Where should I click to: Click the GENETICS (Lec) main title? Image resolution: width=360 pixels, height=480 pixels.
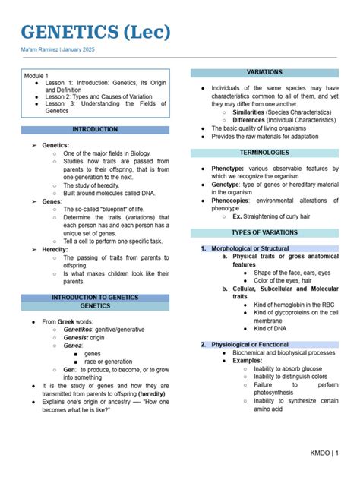tap(96, 33)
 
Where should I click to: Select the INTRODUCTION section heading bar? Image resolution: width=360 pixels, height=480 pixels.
tap(95, 130)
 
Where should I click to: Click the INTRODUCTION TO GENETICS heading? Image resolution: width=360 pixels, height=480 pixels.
tap(95, 297)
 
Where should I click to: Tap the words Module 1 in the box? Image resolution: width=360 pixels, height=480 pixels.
tap(36, 76)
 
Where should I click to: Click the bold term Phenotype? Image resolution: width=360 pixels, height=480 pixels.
tap(228, 169)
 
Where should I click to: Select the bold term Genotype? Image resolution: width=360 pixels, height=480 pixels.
tap(226, 185)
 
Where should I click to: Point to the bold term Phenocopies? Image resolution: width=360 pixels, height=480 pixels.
tap(231, 201)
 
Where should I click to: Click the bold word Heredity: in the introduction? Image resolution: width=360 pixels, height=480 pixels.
tap(55, 249)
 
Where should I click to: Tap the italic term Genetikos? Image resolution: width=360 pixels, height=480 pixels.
tap(78, 330)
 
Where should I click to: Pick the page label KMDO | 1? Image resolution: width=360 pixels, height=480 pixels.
tap(324, 453)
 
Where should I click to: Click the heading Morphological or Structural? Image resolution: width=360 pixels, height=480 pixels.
tap(250, 248)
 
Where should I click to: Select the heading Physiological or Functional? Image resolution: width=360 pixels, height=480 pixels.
tap(250, 344)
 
